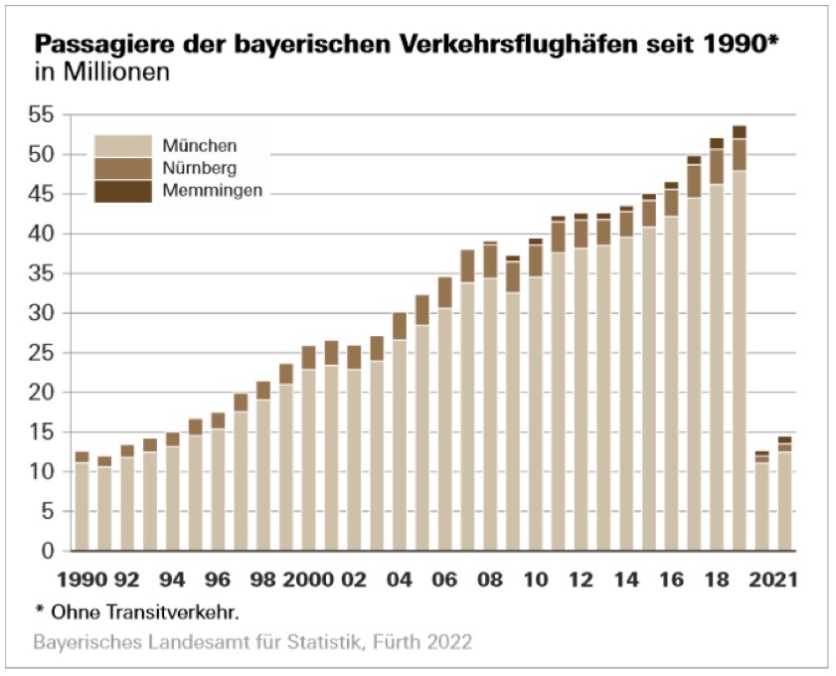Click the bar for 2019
point(739,338)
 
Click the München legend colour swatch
point(123,145)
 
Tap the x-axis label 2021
point(776,579)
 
